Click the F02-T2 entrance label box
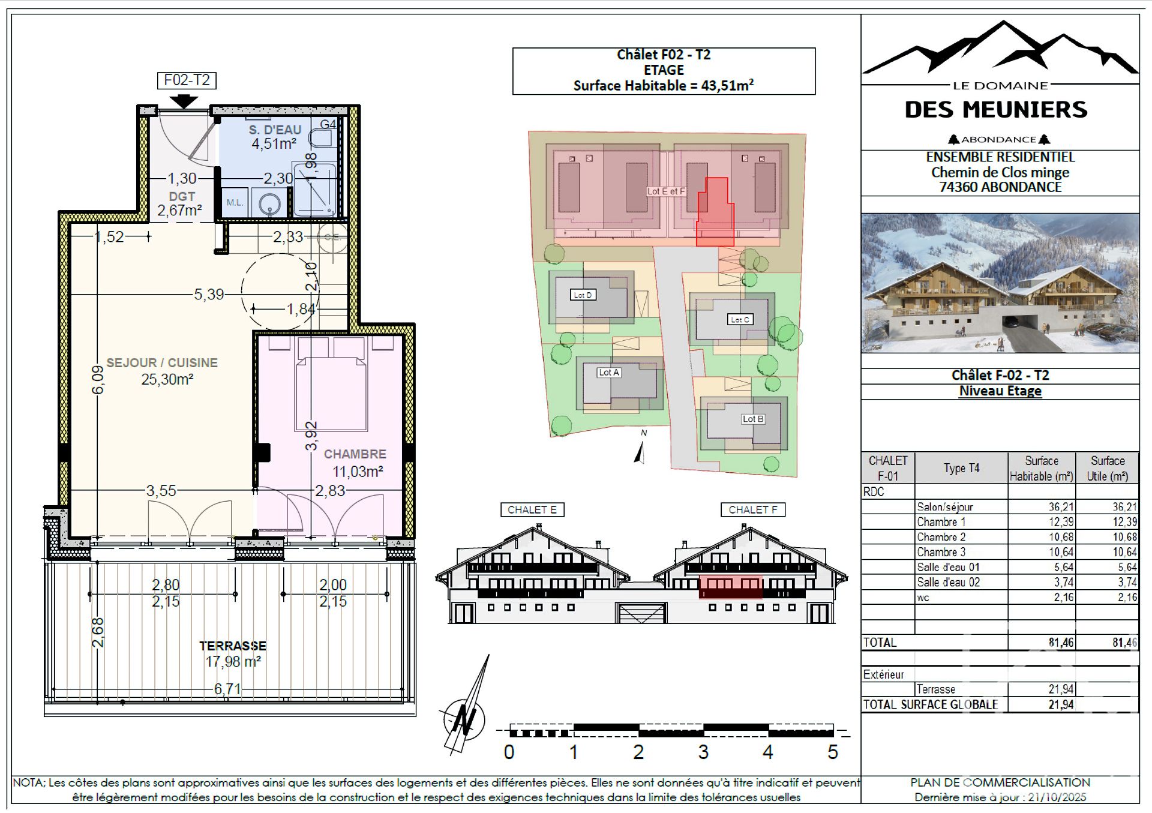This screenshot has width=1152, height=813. pyautogui.click(x=187, y=80)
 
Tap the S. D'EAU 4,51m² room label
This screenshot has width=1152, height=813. pyautogui.click(x=275, y=137)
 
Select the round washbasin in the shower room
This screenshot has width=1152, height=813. pyautogui.click(x=270, y=205)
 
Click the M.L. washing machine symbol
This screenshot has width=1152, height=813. pyautogui.click(x=235, y=203)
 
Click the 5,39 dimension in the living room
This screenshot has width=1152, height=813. pyautogui.click(x=208, y=295)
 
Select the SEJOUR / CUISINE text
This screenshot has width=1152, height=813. pyautogui.click(x=162, y=363)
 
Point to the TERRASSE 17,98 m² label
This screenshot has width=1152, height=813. pyautogui.click(x=233, y=654)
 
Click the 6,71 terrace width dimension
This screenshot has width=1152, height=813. pyautogui.click(x=227, y=689)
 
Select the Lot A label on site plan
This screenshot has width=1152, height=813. pyautogui.click(x=609, y=373)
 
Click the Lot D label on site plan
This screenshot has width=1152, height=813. pyautogui.click(x=583, y=295)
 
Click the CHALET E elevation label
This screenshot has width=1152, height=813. pyautogui.click(x=532, y=510)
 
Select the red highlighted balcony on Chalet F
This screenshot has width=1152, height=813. pyautogui.click(x=731, y=587)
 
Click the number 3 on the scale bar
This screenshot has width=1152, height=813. pyautogui.click(x=703, y=752)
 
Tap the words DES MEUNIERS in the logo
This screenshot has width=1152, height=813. pyautogui.click(x=996, y=110)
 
